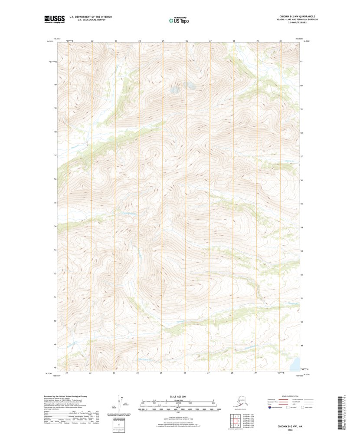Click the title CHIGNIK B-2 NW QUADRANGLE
point(298,16)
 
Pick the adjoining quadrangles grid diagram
point(235,421)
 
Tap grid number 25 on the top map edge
point(163,41)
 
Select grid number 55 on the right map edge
point(301,203)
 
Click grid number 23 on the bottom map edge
point(114,373)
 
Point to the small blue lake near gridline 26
point(175,90)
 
